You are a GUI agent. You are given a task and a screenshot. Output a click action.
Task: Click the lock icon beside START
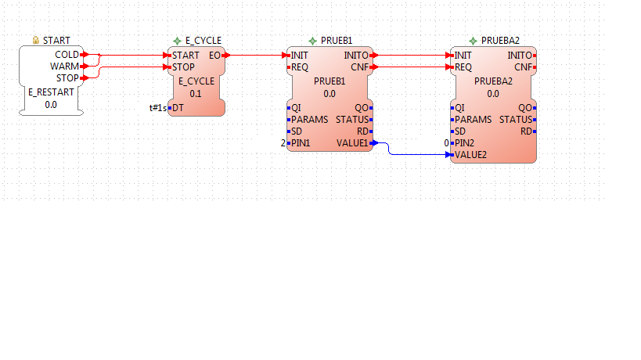[x=35, y=40]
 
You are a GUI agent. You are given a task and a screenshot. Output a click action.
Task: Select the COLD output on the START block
[x=67, y=55]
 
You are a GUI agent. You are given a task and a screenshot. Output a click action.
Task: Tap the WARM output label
[x=65, y=67]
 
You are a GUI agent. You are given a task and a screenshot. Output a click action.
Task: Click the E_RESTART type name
[x=51, y=92]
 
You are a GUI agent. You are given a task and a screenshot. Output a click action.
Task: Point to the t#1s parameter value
[x=158, y=108]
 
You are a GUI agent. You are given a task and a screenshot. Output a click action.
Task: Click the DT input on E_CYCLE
[x=178, y=108]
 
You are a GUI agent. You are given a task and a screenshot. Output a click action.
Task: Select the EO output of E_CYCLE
[x=214, y=55]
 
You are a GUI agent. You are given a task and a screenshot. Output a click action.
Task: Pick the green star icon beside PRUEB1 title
[x=313, y=41]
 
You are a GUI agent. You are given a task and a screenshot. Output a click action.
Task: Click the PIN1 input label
[x=301, y=143]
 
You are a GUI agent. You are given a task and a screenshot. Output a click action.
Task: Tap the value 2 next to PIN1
[x=283, y=143]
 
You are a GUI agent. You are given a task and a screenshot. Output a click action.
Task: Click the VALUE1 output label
[x=352, y=143]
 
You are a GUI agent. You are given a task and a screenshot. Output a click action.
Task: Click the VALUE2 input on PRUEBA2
[x=470, y=155]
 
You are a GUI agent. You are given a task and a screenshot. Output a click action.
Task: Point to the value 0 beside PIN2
[x=446, y=143]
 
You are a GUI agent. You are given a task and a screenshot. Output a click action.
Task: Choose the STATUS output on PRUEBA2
[x=516, y=120]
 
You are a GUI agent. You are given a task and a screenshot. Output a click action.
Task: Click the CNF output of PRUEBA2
[x=523, y=67]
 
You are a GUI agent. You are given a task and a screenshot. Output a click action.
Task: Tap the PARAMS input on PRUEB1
[x=309, y=120]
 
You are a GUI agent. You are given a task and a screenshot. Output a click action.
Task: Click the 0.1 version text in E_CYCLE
[x=196, y=94]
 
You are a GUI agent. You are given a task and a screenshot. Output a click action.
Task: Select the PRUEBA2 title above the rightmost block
[x=500, y=41]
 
